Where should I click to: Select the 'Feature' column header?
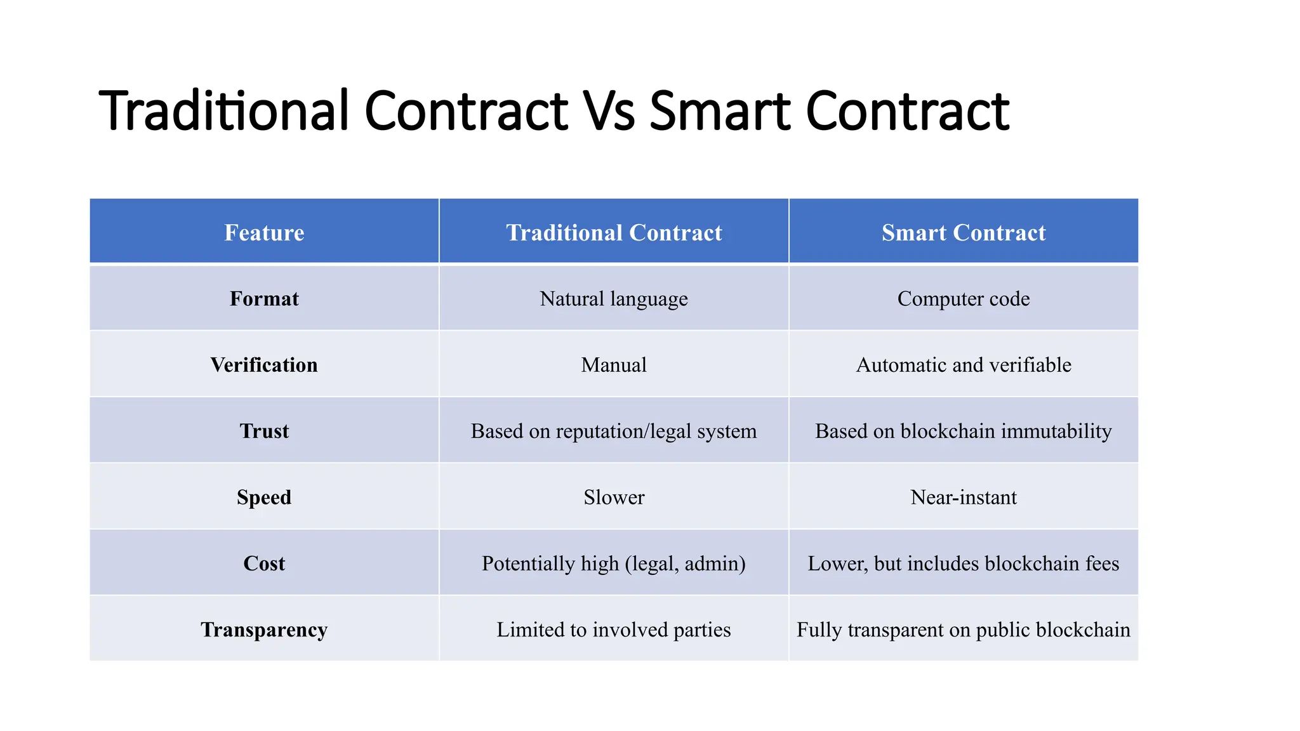pos(264,233)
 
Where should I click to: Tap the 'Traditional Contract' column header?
pos(614,233)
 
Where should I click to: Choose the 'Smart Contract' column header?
pos(964,233)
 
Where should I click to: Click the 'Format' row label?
pos(264,299)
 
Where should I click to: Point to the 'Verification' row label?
pos(264,365)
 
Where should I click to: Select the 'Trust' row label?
pos(264,431)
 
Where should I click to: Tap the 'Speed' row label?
pos(264,497)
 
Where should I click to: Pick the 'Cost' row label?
pos(264,563)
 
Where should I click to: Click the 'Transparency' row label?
pos(264,629)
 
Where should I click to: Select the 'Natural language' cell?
pos(614,299)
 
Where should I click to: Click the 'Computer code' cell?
pos(964,299)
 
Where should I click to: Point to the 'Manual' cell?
pos(614,365)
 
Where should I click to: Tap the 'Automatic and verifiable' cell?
pos(964,365)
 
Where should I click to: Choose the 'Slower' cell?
pos(614,497)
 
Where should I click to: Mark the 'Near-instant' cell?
pos(964,497)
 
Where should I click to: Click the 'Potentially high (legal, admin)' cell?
pos(614,563)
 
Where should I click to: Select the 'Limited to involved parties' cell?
pos(614,629)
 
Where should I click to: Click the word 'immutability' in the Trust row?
pos(1056,431)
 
